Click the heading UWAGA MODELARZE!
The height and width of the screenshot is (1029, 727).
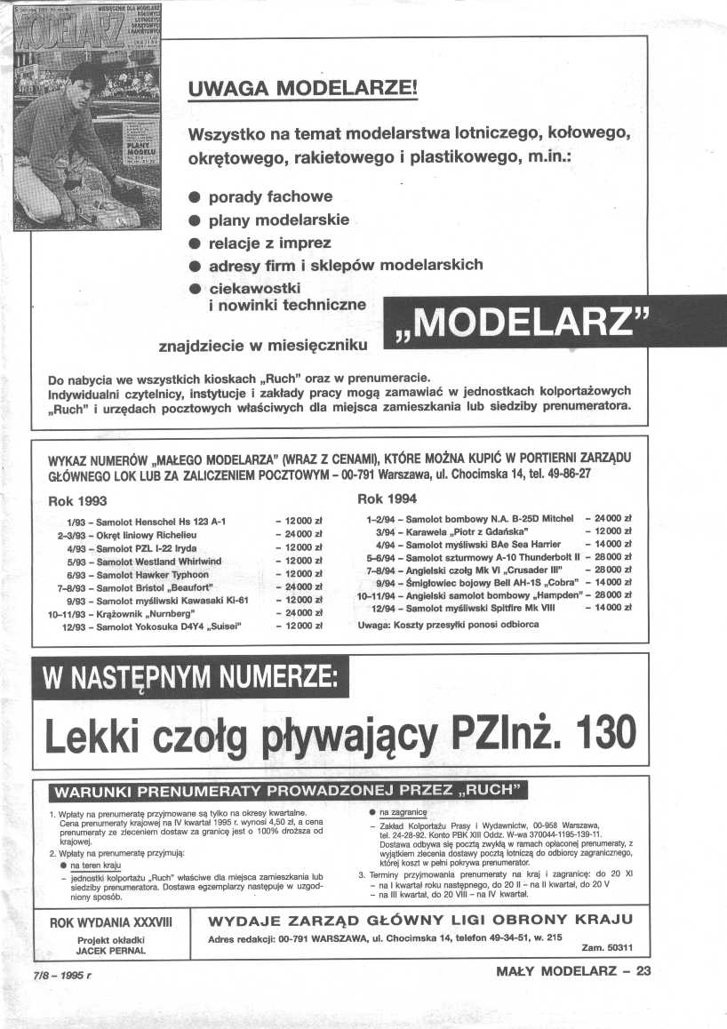pos(302,91)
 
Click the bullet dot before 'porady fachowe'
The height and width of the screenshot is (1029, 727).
pos(194,197)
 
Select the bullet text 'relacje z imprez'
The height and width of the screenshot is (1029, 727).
pos(269,243)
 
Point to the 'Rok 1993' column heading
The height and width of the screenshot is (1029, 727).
pos(85,501)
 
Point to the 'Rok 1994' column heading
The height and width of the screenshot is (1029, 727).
pos(387,499)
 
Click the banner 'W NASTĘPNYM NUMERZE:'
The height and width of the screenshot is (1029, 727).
pos(188,680)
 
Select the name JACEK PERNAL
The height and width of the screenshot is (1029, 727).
pos(110,950)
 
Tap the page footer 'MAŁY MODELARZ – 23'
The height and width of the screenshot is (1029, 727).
pos(574,971)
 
